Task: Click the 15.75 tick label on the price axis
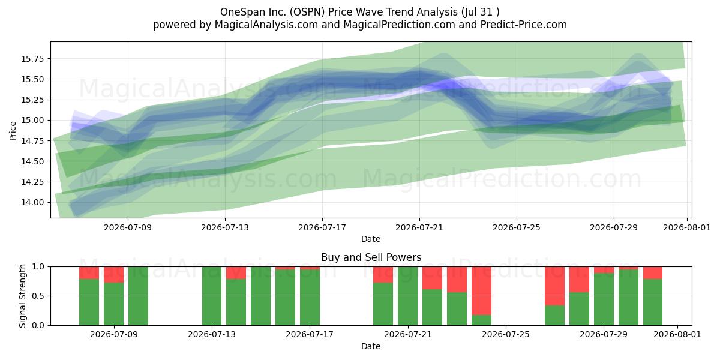[x=32, y=59]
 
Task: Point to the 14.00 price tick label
[x=32, y=203]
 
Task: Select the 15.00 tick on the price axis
[x=32, y=120]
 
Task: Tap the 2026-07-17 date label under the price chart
[x=322, y=227]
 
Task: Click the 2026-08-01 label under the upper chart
[x=687, y=227]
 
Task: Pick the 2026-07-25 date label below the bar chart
[x=506, y=334]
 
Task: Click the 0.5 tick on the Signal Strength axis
[x=38, y=296]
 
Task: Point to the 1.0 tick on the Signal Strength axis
[x=38, y=267]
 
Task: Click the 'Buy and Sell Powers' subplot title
[x=371, y=257]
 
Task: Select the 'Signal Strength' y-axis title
[x=22, y=296]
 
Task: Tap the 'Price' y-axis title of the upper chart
[x=13, y=131]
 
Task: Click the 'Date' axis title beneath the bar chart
[x=371, y=346]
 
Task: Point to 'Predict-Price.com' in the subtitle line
[x=524, y=25]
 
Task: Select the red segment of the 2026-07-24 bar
[x=481, y=291]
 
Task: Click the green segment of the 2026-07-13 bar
[x=212, y=296]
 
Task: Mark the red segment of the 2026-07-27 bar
[x=555, y=286]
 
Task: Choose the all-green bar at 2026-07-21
[x=407, y=296]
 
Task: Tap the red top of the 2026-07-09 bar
[x=113, y=275]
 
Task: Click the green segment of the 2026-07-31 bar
[x=653, y=302]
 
